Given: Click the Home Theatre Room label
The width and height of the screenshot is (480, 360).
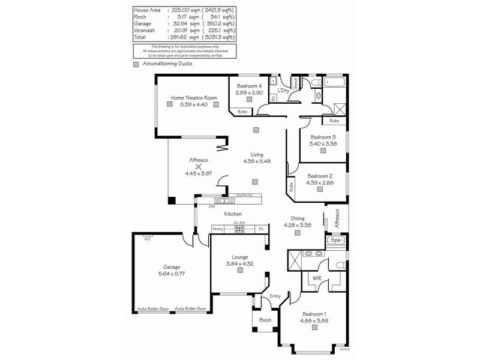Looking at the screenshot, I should pyautogui.click(x=193, y=98).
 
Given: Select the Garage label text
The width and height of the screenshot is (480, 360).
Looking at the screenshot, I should pyautogui.click(x=171, y=267).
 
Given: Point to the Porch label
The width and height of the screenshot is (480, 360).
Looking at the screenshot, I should pyautogui.click(x=265, y=320).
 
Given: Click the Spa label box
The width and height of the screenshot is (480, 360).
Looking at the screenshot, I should pyautogui.click(x=336, y=240).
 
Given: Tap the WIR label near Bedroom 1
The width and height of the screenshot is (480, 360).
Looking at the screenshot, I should pyautogui.click(x=317, y=278).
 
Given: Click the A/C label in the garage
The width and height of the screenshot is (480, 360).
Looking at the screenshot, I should pyautogui.click(x=147, y=239).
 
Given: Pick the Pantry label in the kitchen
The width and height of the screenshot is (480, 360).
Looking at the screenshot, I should pyautogui.click(x=218, y=229).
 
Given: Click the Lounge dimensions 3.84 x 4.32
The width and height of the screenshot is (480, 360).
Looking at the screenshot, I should pyautogui.click(x=240, y=263).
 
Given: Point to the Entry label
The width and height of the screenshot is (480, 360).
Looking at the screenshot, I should pyautogui.click(x=275, y=296).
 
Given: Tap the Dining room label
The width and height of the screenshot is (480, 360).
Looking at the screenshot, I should pyautogui.click(x=298, y=219).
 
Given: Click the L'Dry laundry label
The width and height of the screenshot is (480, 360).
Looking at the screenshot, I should pyautogui.click(x=283, y=91).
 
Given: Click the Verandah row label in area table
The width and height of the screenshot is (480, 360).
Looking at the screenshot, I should pyautogui.click(x=145, y=29).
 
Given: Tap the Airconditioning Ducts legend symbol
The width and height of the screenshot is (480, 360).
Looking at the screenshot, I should pyautogui.click(x=136, y=63).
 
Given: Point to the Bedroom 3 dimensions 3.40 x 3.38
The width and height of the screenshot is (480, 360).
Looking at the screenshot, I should pyautogui.click(x=323, y=143).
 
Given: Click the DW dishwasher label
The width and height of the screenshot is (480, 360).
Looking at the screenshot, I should pyautogui.click(x=211, y=207).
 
